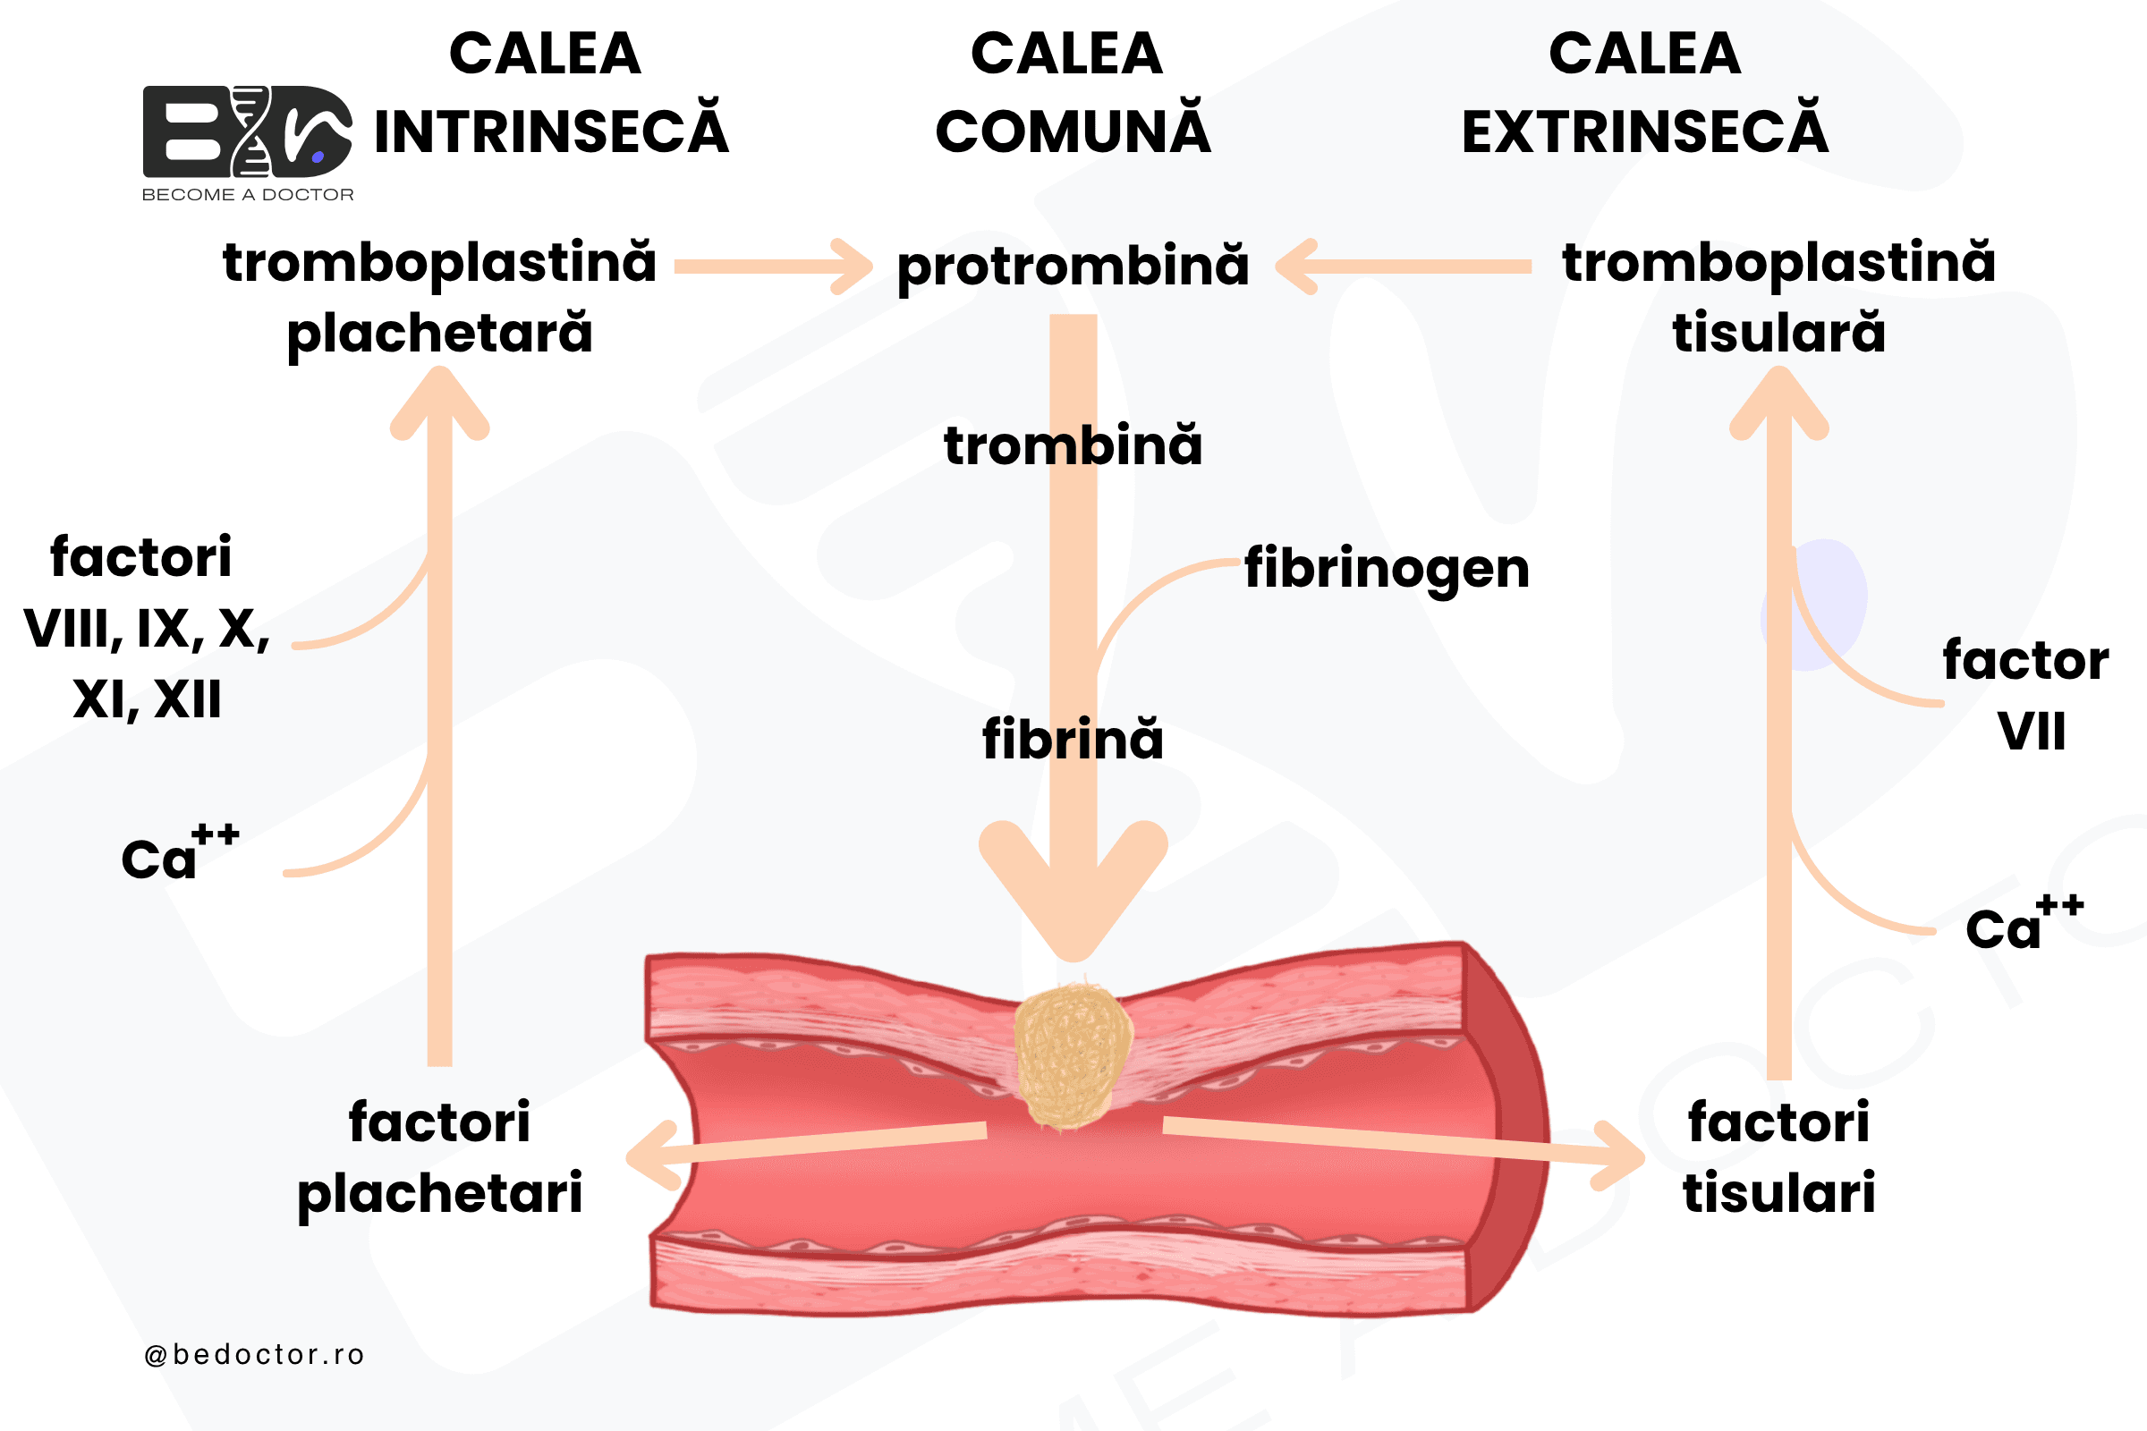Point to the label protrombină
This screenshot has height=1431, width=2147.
point(1073,267)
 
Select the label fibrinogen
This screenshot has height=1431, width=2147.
point(1387,569)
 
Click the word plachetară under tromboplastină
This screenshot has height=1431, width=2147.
point(440,333)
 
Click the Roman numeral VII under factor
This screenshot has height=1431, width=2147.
point(2032,731)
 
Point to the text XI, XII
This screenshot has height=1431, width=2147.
point(147,701)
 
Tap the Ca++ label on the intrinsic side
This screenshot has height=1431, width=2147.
point(181,852)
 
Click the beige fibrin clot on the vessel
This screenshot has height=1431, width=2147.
point(1072,1054)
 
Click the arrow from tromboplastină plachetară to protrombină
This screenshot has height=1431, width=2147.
point(773,267)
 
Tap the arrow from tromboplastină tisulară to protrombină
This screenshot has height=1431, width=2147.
point(1403,267)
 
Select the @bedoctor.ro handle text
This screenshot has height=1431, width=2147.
point(255,1354)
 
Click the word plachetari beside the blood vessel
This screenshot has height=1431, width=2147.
point(440,1194)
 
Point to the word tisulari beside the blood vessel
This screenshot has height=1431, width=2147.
point(1779,1192)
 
